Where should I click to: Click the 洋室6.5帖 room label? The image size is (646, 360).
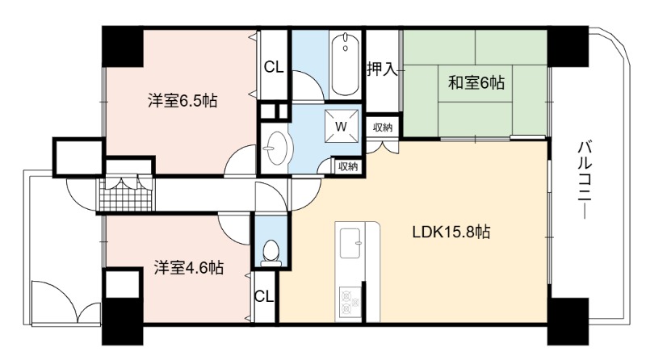click(182, 101)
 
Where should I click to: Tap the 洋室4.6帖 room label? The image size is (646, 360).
click(189, 268)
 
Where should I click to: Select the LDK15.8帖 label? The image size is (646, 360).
click(451, 232)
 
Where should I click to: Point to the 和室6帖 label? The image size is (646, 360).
click(476, 83)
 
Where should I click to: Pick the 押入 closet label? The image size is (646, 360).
click(382, 69)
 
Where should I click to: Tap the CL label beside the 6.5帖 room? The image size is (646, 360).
click(274, 67)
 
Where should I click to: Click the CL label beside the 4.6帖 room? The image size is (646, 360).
click(264, 296)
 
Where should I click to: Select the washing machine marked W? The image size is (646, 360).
click(341, 126)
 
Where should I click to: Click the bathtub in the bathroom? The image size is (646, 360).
click(346, 65)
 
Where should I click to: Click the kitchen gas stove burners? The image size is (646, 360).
click(350, 302)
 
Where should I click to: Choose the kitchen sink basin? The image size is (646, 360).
click(350, 243)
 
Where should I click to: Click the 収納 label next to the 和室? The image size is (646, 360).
click(383, 128)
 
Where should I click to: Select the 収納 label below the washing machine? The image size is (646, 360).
click(348, 167)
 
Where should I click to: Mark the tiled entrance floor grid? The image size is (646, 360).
click(126, 195)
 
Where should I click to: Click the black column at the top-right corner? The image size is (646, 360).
click(568, 46)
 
